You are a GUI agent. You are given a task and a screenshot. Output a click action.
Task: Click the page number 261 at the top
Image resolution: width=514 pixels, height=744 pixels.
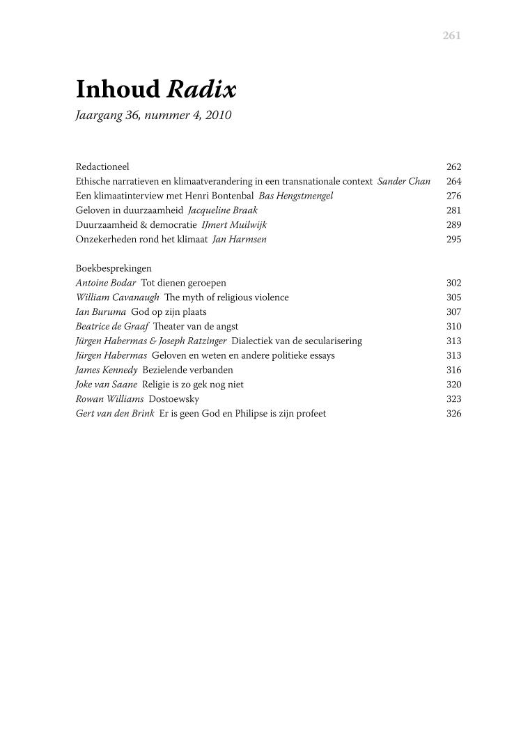[451, 36]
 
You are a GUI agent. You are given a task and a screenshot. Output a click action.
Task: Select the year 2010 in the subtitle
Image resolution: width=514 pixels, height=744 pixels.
[218, 116]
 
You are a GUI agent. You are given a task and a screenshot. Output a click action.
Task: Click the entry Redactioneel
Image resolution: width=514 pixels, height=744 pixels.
[102, 167]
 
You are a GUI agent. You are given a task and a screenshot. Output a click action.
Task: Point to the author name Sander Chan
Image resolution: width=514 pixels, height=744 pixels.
[404, 182]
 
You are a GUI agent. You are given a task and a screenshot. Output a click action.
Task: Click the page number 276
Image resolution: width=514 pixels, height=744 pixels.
[453, 196]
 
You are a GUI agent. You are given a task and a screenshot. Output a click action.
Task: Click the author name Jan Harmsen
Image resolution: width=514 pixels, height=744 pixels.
[239, 240]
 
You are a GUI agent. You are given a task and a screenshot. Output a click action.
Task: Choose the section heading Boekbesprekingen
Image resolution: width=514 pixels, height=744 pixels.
[114, 268]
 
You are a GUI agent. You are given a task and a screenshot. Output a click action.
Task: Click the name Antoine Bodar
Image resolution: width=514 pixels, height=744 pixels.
[106, 283]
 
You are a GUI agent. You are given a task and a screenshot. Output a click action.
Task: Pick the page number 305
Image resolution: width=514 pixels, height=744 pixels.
[453, 297]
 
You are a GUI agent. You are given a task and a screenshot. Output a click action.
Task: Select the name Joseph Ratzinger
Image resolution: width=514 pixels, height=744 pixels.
[197, 341]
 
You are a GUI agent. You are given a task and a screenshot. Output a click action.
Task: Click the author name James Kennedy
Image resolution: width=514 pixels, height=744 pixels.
[107, 370]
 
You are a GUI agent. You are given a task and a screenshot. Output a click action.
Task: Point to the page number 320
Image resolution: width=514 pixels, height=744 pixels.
[453, 385]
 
